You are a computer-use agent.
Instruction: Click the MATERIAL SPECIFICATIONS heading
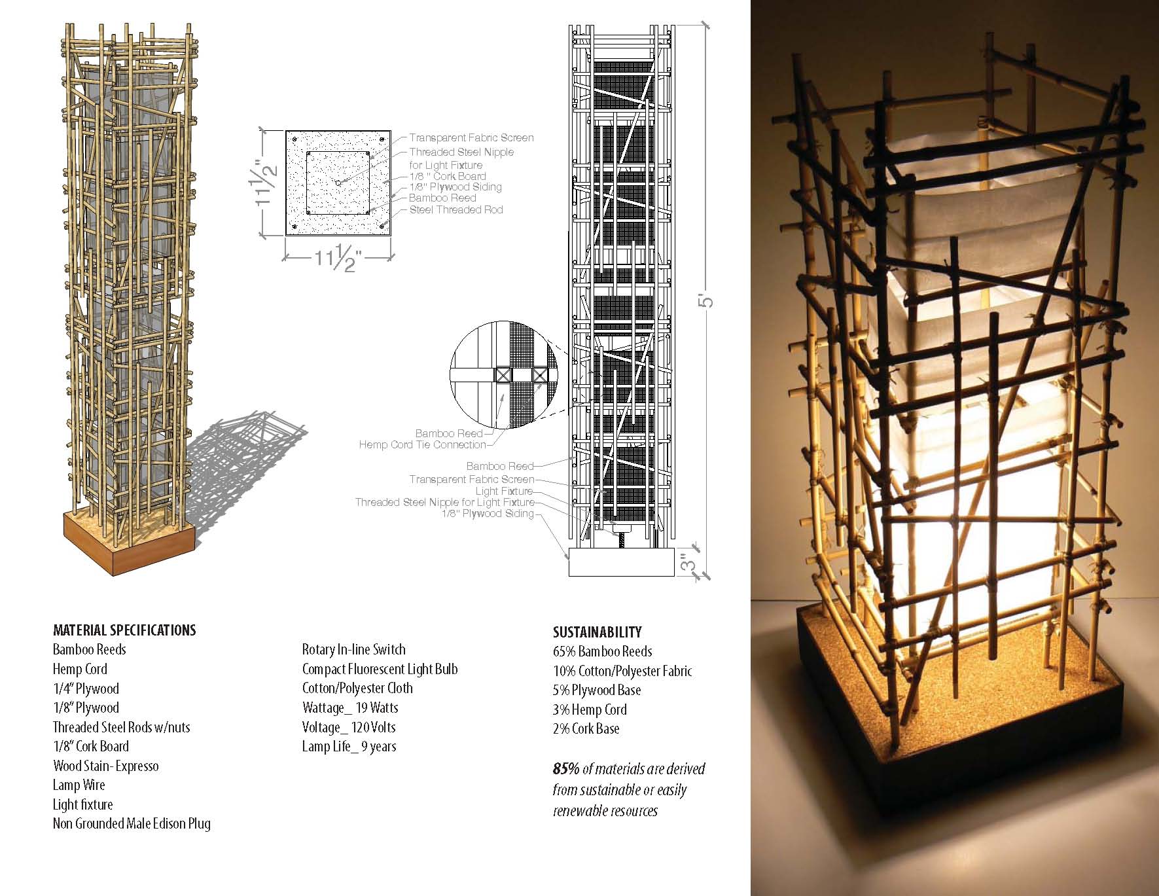(124, 630)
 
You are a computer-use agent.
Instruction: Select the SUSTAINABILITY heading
(597, 632)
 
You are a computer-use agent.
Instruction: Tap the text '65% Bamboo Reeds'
(602, 651)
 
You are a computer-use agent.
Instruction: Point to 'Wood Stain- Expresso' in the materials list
(105, 766)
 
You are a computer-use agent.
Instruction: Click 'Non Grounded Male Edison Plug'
(132, 823)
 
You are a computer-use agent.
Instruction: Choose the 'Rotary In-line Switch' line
(353, 650)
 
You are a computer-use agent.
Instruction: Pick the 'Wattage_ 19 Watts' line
(350, 708)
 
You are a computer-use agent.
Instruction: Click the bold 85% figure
(566, 769)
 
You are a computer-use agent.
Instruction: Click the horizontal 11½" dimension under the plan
(338, 259)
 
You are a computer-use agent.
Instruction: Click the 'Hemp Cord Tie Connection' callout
(422, 445)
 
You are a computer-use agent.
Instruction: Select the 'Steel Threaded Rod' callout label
(456, 210)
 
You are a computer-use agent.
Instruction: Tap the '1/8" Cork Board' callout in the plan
(448, 176)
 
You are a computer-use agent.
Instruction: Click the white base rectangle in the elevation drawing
(621, 562)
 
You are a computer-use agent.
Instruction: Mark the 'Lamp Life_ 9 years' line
(349, 746)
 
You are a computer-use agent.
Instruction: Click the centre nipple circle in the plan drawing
(338, 183)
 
